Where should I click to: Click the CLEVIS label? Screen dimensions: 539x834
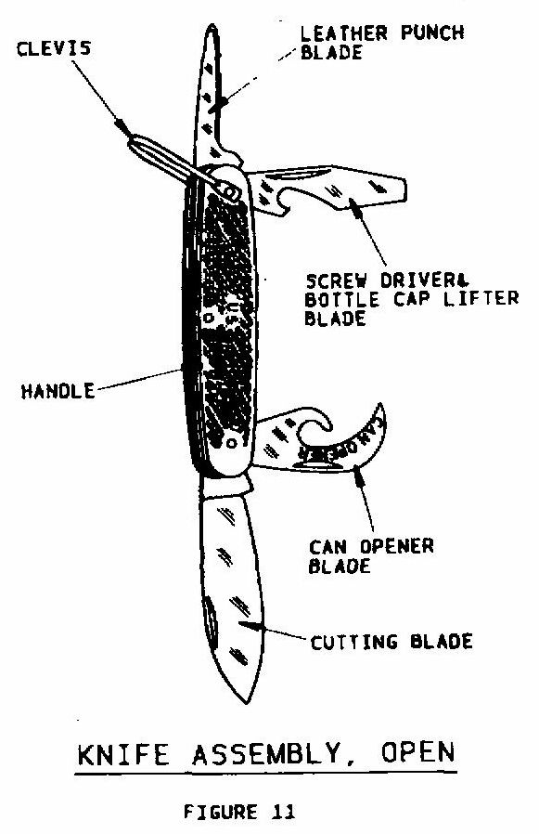pyautogui.click(x=54, y=49)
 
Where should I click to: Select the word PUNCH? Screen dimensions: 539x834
pyautogui.click(x=432, y=33)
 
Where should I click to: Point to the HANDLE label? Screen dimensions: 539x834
pyautogui.click(x=58, y=392)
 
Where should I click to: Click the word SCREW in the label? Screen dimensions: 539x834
pyautogui.click(x=336, y=280)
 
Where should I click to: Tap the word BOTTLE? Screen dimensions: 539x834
pyautogui.click(x=341, y=299)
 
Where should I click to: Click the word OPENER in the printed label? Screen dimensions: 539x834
pyautogui.click(x=396, y=546)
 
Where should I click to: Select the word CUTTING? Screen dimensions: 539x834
pyautogui.click(x=353, y=642)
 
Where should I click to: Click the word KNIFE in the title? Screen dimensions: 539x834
pyautogui.click(x=123, y=754)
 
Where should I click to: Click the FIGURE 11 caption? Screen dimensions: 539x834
pyautogui.click(x=238, y=812)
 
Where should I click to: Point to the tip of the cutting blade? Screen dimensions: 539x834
pyautogui.click(x=245, y=702)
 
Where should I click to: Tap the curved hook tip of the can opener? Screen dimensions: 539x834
pyautogui.click(x=380, y=407)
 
